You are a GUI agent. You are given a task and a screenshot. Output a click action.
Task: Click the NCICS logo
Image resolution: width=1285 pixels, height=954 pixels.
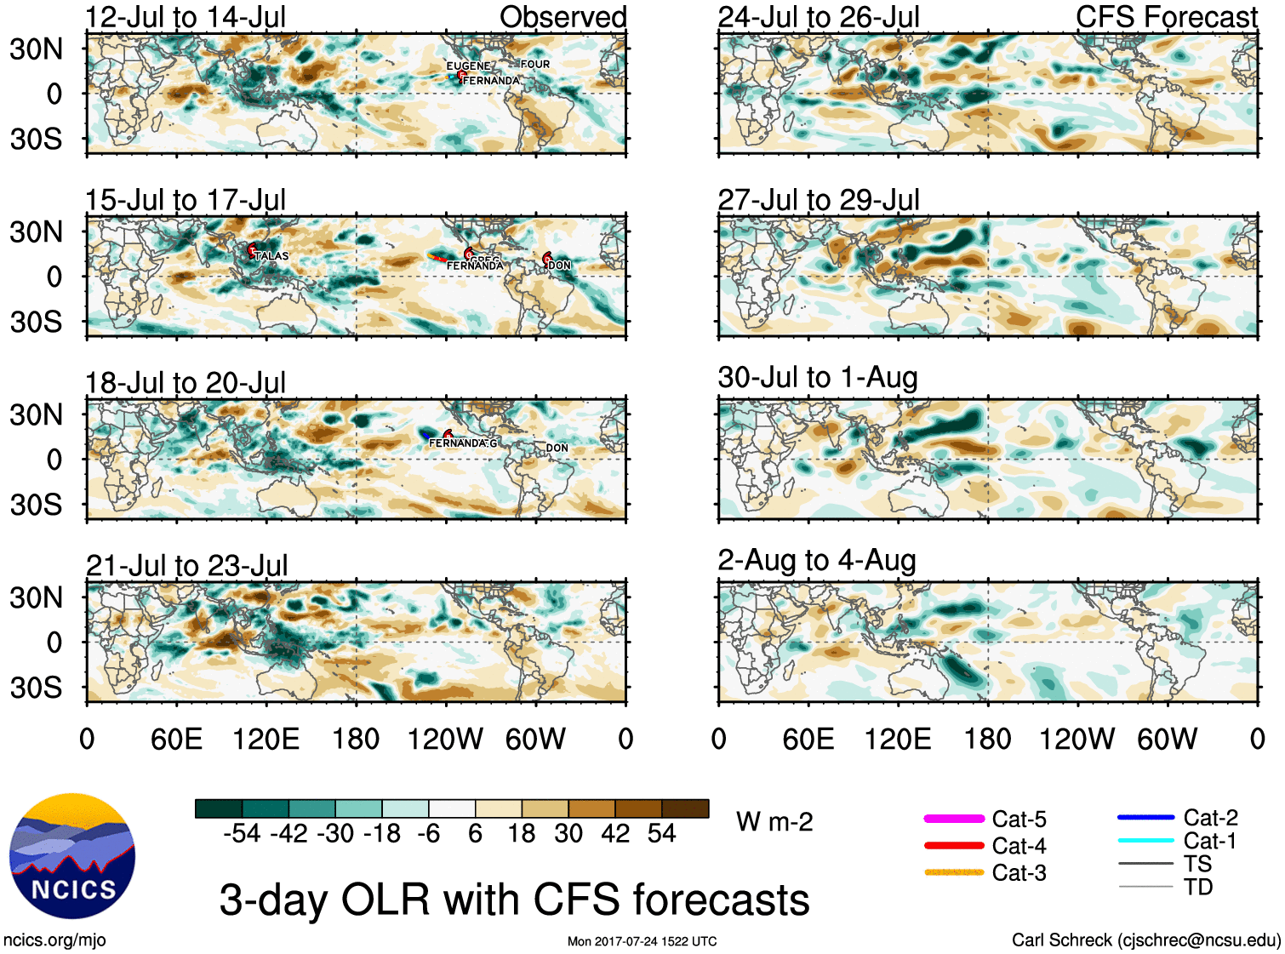(72, 856)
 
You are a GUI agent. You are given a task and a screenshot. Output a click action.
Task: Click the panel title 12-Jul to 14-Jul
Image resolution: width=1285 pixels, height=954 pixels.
(186, 17)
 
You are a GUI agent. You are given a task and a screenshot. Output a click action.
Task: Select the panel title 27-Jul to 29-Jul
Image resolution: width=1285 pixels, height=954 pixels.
(819, 200)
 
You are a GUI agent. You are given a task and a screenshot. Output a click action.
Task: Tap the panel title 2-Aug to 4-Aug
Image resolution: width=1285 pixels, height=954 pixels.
(817, 560)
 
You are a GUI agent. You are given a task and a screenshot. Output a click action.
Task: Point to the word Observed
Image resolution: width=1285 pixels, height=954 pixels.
(563, 17)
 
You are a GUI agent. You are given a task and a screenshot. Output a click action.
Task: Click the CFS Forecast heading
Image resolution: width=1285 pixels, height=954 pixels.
(1166, 17)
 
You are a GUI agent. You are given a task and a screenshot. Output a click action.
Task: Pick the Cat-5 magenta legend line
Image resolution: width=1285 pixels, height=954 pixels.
(954, 819)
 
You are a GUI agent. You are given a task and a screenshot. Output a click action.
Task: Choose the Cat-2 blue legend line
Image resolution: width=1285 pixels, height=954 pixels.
(1145, 818)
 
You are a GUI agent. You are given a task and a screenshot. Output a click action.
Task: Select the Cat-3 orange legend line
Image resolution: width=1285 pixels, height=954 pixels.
(954, 872)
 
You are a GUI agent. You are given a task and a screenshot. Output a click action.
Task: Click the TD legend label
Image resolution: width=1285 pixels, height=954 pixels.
(1197, 887)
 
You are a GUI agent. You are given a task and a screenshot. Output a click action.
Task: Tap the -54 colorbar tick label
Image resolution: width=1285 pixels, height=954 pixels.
(242, 833)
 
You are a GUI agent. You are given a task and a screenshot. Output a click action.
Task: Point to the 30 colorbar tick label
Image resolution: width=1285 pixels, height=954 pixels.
(568, 833)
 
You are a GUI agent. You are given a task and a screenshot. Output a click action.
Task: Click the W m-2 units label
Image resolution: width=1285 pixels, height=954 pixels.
(774, 822)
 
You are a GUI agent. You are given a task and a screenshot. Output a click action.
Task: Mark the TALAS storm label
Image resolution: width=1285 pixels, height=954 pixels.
(271, 255)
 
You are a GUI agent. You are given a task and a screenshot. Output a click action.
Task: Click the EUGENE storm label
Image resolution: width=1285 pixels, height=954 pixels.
(468, 66)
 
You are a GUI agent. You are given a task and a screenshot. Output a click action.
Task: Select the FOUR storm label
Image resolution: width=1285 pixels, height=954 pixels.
(535, 64)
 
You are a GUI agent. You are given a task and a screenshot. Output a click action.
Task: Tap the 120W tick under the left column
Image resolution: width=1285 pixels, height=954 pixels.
(445, 739)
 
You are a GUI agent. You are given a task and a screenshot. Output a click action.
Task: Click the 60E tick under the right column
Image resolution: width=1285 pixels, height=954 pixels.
(808, 739)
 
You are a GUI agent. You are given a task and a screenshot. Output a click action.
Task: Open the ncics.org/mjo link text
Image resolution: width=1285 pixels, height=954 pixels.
(55, 940)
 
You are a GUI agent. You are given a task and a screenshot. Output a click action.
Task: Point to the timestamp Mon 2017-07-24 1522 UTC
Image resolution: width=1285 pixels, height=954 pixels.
(642, 941)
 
